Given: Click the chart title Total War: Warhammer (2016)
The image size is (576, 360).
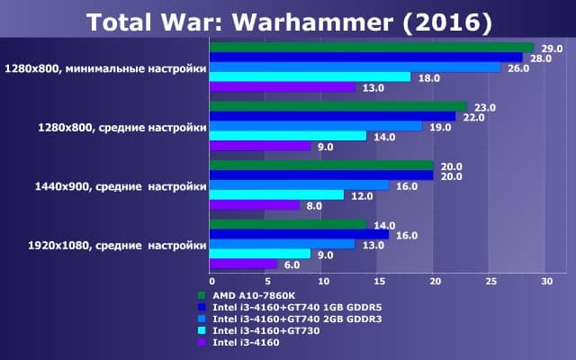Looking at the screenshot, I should pyautogui.click(x=289, y=20).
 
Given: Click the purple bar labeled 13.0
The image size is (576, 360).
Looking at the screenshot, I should pyautogui.click(x=282, y=87).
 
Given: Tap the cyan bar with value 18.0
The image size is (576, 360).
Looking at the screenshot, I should pyautogui.click(x=310, y=77).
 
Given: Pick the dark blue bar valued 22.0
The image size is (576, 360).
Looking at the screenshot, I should pyautogui.click(x=332, y=116).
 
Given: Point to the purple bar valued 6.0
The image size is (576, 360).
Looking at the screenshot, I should pyautogui.click(x=243, y=264).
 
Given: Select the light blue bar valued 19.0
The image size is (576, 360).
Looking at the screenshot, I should pyautogui.click(x=315, y=126).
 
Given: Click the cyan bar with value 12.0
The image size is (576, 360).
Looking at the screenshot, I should pyautogui.click(x=276, y=194).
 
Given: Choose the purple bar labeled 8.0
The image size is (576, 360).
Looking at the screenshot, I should pyautogui.click(x=254, y=204).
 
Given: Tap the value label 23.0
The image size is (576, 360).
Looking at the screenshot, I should pyautogui.click(x=483, y=107).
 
